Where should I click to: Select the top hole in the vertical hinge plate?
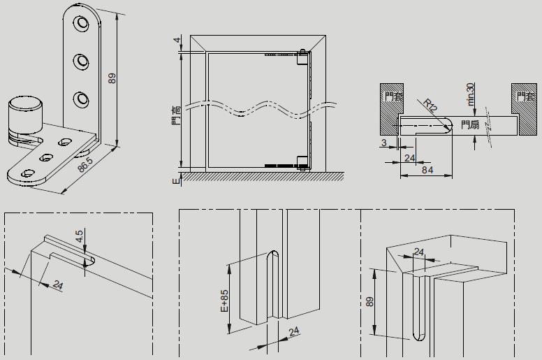coord(82,25)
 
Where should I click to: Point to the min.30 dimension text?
coord(471,94)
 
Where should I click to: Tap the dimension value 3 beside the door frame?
coord(384,143)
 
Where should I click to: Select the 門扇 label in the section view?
coord(470,125)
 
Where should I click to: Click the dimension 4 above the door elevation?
coord(177,39)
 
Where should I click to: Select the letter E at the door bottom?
coord(177,180)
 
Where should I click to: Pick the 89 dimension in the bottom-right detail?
coord(369,301)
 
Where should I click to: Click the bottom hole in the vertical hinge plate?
coord(82,97)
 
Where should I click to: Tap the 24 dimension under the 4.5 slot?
coord(58,285)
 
